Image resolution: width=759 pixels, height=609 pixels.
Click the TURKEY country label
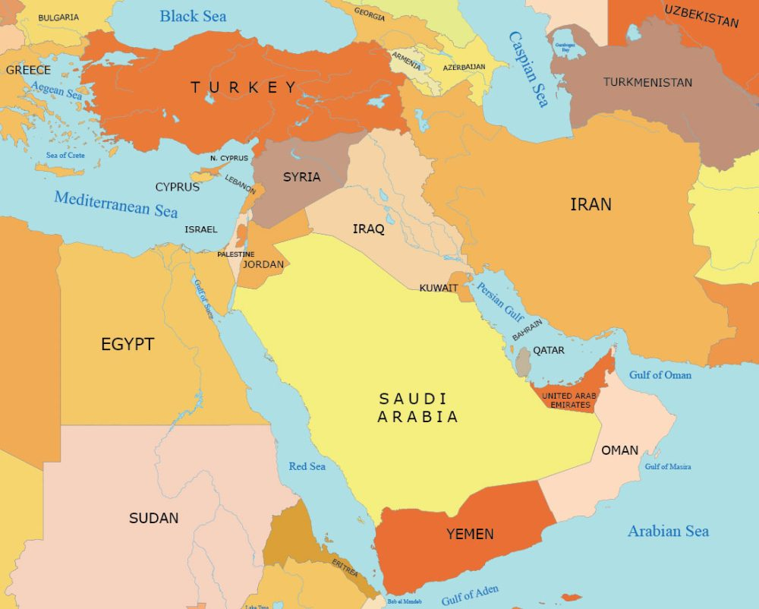[x=244, y=87]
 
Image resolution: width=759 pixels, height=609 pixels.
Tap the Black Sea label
[x=193, y=16]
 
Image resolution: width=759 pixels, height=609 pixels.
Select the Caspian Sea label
[x=528, y=69]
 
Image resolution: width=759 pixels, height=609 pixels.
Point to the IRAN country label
[x=591, y=204]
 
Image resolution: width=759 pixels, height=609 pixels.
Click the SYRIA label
[x=301, y=177]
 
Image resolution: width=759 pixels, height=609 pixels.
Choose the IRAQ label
[x=368, y=229]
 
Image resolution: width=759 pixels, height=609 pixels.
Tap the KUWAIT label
[x=439, y=288]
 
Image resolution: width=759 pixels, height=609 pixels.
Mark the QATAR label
[x=549, y=351]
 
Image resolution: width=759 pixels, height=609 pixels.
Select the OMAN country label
[x=619, y=450]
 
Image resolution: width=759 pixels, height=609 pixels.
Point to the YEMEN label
[x=470, y=534]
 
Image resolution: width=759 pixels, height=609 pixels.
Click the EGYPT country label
[x=128, y=344]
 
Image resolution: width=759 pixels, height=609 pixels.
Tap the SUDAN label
[x=153, y=518]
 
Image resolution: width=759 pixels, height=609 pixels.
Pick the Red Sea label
[x=307, y=465]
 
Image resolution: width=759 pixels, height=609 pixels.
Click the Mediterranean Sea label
[x=115, y=204]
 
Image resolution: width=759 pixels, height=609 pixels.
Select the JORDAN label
[x=263, y=265]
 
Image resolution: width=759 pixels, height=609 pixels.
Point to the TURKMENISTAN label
[x=647, y=82]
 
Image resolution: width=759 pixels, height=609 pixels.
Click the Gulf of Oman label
[x=660, y=374]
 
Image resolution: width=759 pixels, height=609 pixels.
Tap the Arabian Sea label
[x=668, y=531]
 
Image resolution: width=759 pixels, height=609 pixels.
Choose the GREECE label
[x=28, y=70]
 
